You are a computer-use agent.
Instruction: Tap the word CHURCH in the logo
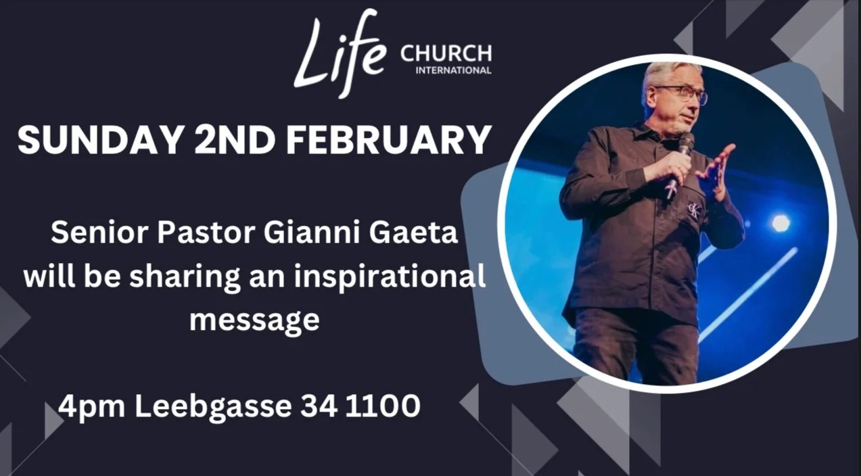coord(446,52)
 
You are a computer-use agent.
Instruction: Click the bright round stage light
coord(781,222)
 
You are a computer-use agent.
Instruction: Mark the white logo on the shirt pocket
coord(693,209)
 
